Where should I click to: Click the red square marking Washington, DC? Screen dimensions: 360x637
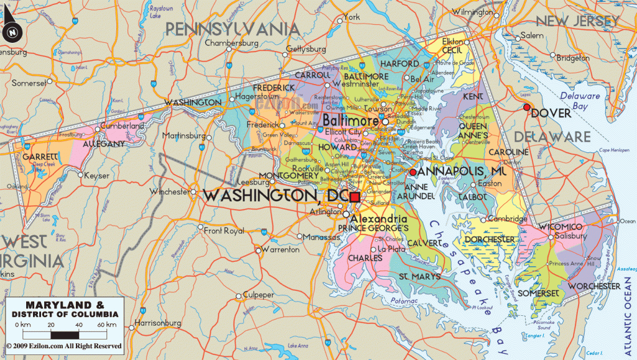pos(355,197)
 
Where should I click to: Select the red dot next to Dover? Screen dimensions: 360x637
pos(527,108)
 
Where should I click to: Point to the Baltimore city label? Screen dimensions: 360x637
pos(350,120)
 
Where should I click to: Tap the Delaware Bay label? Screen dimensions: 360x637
pos(579,101)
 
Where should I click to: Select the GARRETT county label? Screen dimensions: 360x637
pos(40,156)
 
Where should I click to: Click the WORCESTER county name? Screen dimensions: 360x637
pos(594,286)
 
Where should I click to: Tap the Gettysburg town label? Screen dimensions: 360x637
pos(306,48)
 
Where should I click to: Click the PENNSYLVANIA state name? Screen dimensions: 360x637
pos(231,29)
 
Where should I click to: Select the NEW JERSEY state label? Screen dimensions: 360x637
pos(578,21)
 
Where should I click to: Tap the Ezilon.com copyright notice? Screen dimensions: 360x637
pos(64,346)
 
